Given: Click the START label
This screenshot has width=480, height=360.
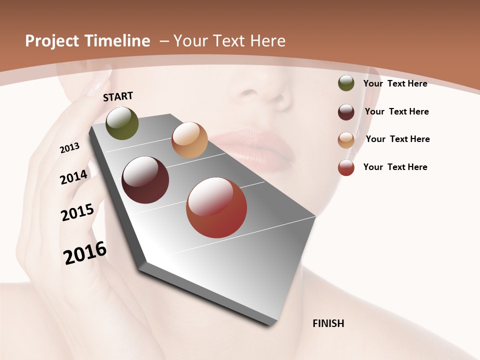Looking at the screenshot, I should (118, 96).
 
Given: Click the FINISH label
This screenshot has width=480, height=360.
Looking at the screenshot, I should (328, 323).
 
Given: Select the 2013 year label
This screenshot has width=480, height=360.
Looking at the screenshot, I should (69, 148).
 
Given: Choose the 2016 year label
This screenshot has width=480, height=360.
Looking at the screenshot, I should (85, 253).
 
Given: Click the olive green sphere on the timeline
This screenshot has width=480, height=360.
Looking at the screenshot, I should (122, 123).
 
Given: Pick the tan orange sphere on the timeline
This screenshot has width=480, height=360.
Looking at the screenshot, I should (189, 140).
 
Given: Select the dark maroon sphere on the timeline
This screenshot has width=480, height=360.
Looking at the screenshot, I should (145, 180).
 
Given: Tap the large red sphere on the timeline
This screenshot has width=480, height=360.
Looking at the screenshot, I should (216, 207).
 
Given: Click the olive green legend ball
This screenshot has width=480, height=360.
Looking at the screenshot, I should (346, 83).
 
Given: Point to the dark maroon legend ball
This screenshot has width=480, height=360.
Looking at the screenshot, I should (346, 112).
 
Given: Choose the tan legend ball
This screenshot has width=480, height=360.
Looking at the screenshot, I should (346, 139).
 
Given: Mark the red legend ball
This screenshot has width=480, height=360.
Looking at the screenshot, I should (346, 167).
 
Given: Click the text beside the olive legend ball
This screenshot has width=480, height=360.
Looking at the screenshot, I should (395, 83).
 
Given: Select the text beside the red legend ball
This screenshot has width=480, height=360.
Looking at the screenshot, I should (395, 167).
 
